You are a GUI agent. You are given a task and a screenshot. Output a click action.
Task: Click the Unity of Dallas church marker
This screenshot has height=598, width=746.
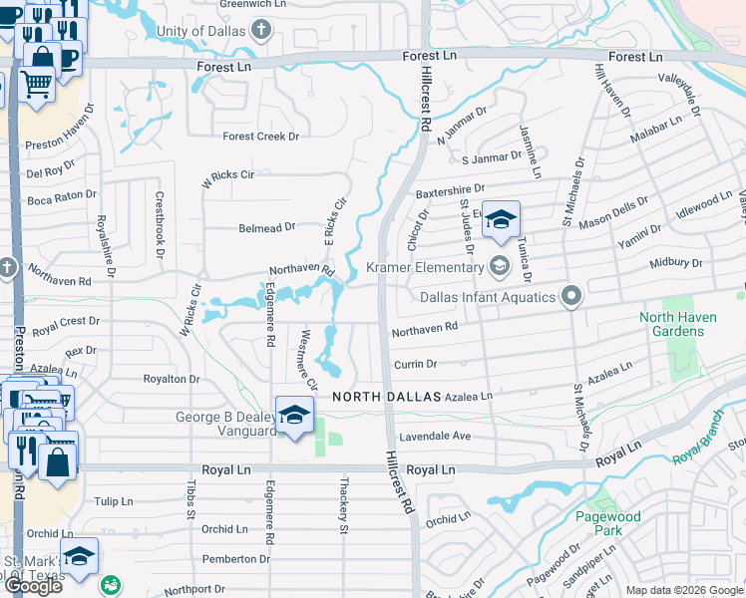262,29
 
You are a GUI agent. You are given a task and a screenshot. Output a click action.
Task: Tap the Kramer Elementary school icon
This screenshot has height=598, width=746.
499,266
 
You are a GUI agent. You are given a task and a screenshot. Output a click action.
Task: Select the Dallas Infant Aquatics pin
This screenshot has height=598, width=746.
570,296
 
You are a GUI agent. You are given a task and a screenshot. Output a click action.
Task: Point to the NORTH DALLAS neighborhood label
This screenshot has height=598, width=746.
385,396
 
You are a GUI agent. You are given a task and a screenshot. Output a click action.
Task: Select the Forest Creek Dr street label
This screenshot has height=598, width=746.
260,137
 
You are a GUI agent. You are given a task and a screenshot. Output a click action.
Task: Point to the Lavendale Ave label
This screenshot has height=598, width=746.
434,437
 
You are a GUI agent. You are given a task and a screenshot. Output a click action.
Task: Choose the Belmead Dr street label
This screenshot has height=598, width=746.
266,227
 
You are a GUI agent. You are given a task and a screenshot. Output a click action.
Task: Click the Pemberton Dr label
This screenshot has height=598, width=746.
228,559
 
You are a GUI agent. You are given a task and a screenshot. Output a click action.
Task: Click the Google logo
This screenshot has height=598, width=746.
33,586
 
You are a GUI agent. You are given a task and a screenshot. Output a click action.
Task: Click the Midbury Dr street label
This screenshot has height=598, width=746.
676,263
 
